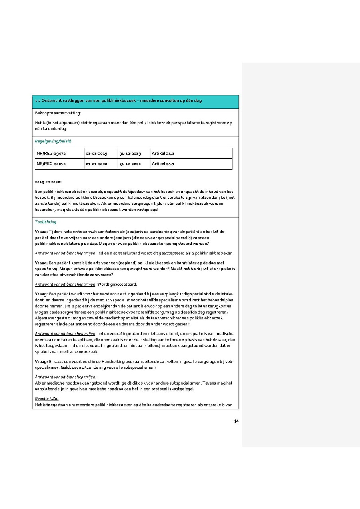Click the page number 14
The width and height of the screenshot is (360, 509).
point(236,421)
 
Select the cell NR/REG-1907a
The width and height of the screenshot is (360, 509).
point(51,154)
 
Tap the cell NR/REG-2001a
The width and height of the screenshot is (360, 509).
point(51,164)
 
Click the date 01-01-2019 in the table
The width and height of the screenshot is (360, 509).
point(96,154)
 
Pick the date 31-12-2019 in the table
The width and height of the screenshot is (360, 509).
point(130,154)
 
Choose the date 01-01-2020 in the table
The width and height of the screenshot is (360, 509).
point(96,164)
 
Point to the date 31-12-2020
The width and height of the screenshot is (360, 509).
point(130,164)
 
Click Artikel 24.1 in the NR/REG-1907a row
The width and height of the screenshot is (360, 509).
point(163,154)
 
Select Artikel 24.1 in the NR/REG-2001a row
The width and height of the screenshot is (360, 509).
point(163,164)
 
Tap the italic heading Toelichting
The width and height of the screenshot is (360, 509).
point(46,222)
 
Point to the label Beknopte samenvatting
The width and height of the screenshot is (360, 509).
point(58,113)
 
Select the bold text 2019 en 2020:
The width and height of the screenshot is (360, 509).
point(48,182)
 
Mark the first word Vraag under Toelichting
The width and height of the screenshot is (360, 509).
point(41,232)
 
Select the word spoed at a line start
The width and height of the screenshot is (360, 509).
point(41,269)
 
